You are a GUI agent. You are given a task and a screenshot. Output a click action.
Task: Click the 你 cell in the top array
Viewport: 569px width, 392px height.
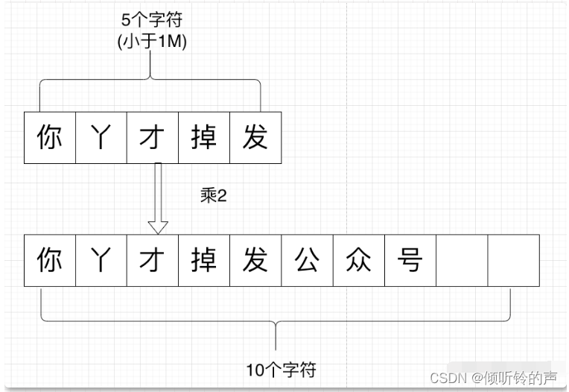click(50, 138)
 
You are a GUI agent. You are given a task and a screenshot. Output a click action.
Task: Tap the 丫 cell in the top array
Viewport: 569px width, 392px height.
click(101, 138)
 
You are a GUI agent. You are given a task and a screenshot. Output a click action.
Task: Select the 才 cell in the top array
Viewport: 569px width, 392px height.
click(153, 138)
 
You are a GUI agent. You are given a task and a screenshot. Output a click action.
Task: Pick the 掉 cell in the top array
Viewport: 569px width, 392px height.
click(204, 138)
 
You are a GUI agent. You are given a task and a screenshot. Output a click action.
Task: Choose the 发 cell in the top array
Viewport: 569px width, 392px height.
click(255, 138)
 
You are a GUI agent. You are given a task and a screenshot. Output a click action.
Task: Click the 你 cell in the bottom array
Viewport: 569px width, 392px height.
click(50, 261)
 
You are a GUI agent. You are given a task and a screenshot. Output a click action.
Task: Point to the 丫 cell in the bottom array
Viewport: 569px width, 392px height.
click(101, 261)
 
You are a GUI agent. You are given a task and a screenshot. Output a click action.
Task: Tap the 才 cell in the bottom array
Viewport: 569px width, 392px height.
click(153, 261)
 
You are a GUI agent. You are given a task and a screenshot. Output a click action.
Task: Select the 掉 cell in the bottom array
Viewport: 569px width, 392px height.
click(204, 261)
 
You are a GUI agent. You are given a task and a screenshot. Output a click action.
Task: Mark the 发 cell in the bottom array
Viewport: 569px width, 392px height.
click(255, 261)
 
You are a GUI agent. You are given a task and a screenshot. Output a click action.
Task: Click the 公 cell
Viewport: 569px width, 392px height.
click(307, 261)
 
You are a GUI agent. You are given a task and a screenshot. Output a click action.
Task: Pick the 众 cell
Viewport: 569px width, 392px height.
click(358, 261)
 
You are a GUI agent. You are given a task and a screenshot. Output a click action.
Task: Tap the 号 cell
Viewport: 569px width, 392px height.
click(410, 261)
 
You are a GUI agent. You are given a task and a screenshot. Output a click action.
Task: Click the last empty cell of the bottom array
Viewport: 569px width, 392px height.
click(513, 261)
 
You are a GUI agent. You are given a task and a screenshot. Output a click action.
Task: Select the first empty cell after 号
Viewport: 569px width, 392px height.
click(462, 261)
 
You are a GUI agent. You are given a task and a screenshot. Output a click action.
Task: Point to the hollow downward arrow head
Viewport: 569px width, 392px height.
click(157, 226)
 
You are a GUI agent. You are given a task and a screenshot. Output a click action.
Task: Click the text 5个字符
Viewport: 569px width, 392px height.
click(153, 21)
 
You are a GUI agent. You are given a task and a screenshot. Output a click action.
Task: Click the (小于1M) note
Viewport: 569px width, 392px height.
click(153, 42)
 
